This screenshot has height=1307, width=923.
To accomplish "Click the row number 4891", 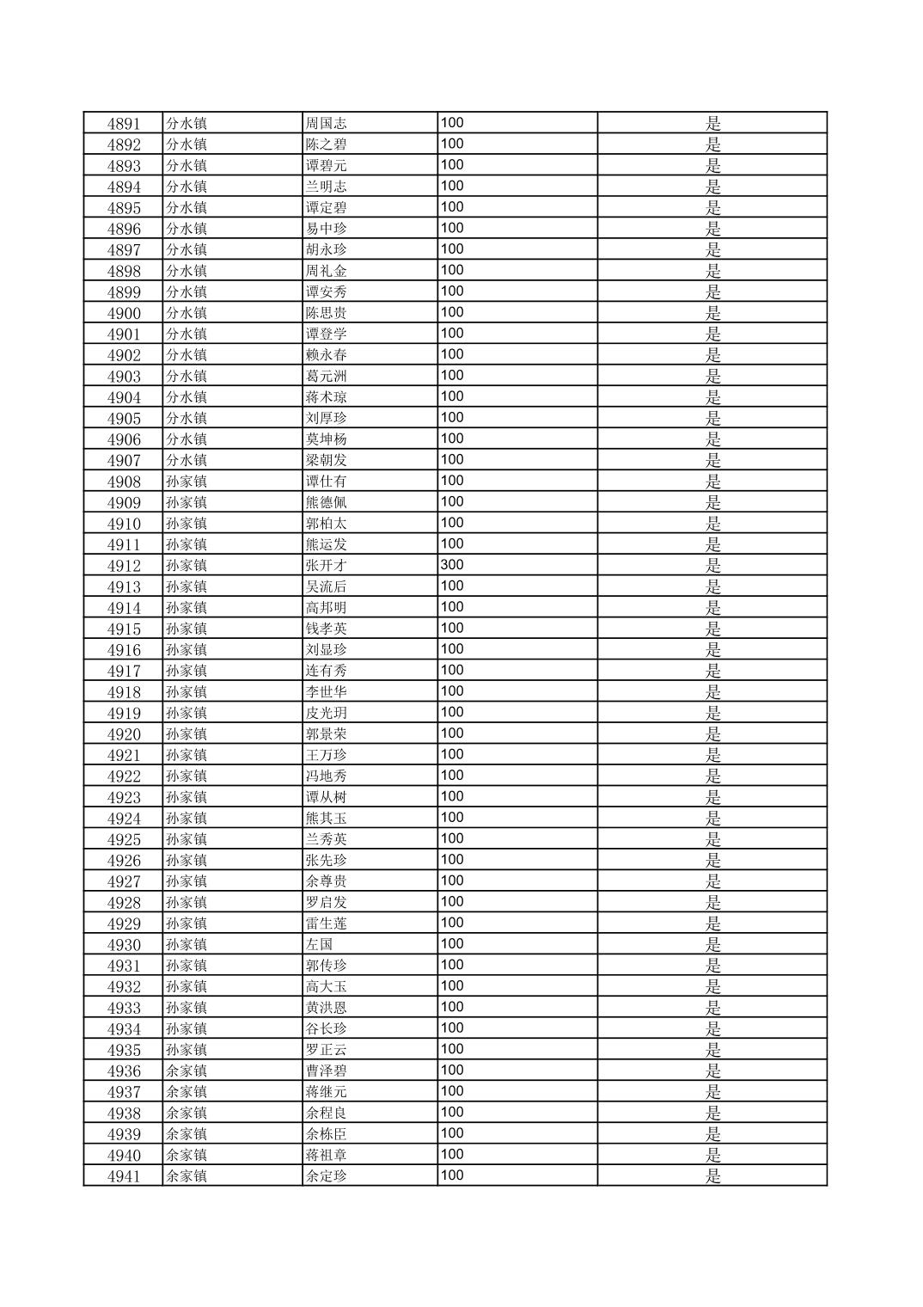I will tap(123, 123).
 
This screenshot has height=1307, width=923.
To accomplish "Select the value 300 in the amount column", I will tap(452, 565).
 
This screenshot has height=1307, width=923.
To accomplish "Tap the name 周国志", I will tap(327, 123).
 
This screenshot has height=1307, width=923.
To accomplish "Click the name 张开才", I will tap(327, 566).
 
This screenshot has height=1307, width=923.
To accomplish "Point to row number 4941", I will tap(123, 1176).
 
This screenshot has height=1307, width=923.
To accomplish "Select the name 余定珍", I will tap(327, 1176).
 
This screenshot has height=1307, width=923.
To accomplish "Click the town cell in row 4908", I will tap(186, 482).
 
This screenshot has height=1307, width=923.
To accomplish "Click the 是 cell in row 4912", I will tap(712, 566).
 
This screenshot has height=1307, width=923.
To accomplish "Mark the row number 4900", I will tap(123, 313).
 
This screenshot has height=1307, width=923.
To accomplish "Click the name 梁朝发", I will tap(327, 460).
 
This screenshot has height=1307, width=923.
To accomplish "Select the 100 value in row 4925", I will tap(452, 838).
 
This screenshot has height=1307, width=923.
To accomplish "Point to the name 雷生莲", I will tap(327, 923).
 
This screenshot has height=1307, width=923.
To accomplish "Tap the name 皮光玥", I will tap(327, 713).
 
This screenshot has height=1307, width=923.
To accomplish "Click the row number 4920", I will tap(123, 734).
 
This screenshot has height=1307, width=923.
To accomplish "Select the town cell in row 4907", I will tap(186, 460).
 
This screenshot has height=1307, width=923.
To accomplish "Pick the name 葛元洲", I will tap(327, 376).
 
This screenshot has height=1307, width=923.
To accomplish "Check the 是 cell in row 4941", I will tap(712, 1176).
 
